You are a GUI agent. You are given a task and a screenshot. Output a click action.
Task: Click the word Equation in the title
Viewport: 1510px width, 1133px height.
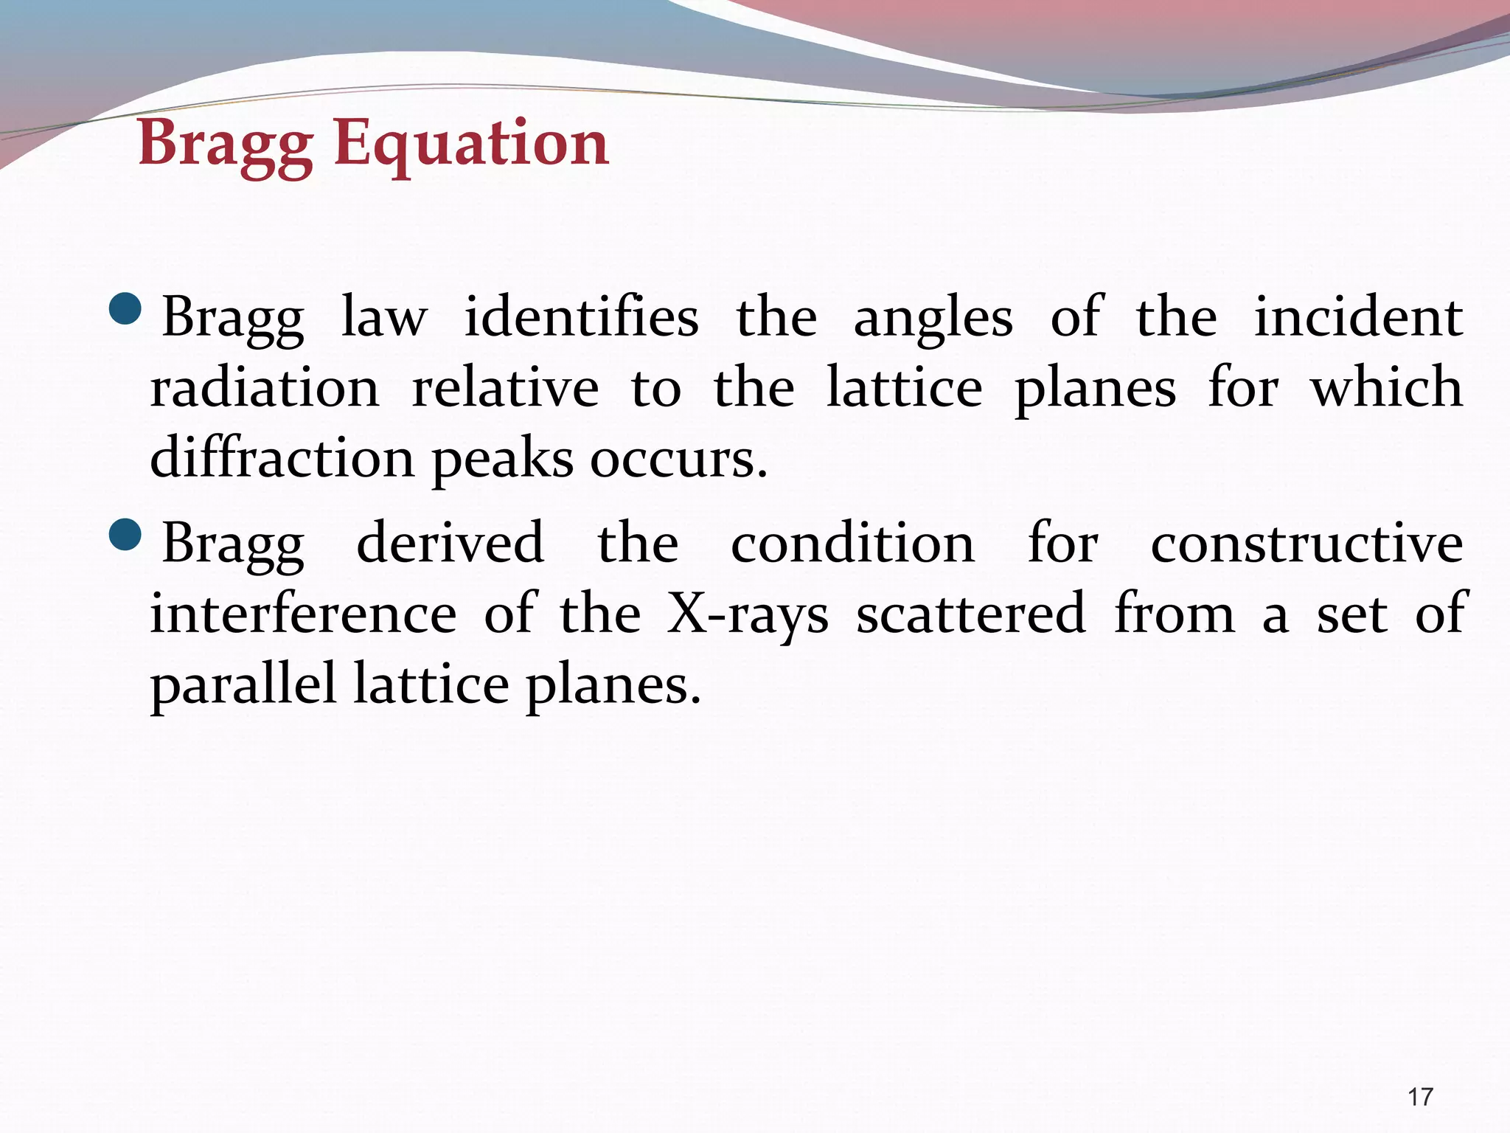pos(471,143)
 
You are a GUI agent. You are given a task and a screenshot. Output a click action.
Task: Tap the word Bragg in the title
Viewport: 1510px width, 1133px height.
pos(226,145)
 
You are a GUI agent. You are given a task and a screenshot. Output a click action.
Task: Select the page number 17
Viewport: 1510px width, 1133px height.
pos(1420,1097)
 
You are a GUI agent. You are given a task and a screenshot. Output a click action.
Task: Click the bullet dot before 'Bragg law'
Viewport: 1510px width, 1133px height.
pos(125,308)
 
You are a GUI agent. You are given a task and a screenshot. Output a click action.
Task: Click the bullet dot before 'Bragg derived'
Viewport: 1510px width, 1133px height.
pos(125,534)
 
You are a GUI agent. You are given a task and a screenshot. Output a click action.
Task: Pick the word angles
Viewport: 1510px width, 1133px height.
pos(933,319)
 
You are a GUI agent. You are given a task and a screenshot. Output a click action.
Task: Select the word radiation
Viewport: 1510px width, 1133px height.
pos(265,388)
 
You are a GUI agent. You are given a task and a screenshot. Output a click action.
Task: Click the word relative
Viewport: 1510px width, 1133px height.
pos(505,388)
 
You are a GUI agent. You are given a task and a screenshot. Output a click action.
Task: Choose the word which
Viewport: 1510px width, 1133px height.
pos(1386,388)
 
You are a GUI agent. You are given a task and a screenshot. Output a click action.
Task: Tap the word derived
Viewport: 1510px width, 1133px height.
pos(450,543)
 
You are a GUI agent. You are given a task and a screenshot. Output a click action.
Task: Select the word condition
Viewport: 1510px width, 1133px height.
pos(852,543)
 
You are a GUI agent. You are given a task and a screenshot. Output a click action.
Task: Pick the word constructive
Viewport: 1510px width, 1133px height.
pos(1307,543)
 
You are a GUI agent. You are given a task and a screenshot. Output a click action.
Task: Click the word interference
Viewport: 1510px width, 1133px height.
pos(303,614)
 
